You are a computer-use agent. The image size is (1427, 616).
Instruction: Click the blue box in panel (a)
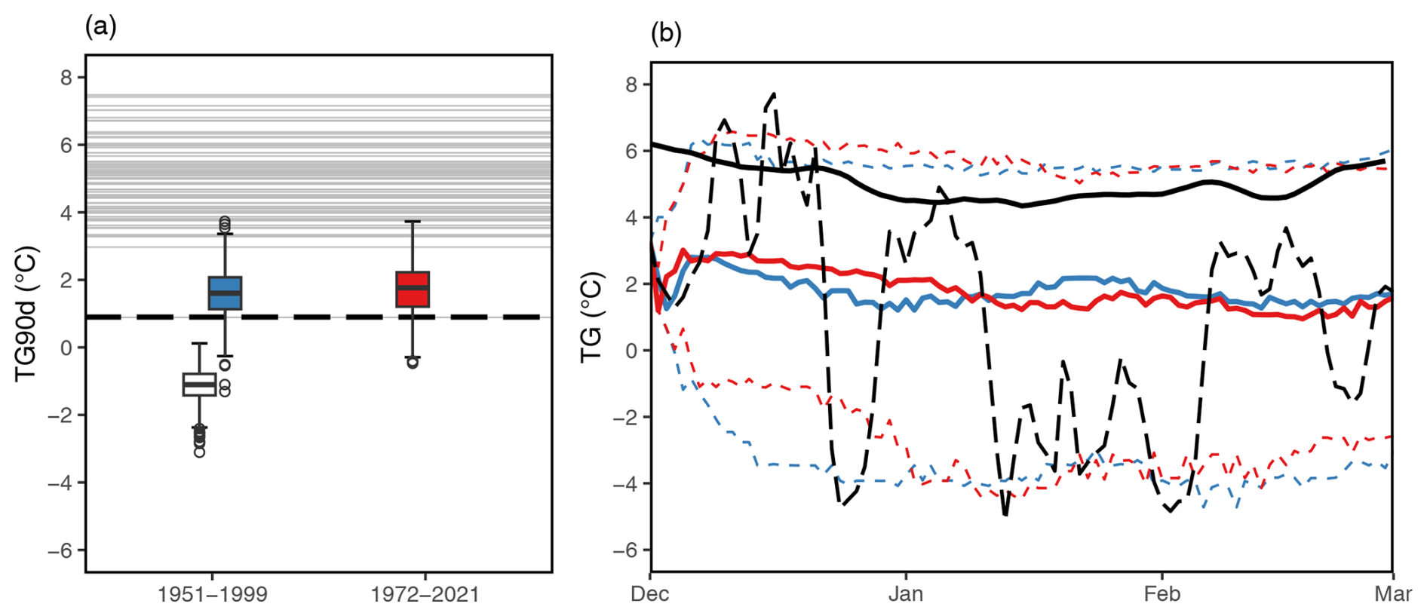pyautogui.click(x=225, y=293)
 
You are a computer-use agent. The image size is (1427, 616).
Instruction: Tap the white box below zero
pyautogui.click(x=199, y=385)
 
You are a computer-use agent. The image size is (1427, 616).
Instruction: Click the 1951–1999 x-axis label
pyautogui.click(x=212, y=595)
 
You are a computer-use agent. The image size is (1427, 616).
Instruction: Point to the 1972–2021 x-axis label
pyautogui.click(x=425, y=595)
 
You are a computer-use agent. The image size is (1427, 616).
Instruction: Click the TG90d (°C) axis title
pyautogui.click(x=26, y=313)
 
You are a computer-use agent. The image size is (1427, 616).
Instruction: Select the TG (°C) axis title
pyautogui.click(x=592, y=317)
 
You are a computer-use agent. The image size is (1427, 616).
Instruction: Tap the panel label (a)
pyautogui.click(x=100, y=27)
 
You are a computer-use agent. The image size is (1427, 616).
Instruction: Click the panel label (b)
pyautogui.click(x=666, y=33)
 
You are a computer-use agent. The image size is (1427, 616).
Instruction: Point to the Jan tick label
pyautogui.click(x=906, y=594)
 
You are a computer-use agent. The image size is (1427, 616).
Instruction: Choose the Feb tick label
pyautogui.click(x=1162, y=594)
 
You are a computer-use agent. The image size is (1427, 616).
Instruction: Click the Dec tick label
pyautogui.click(x=650, y=594)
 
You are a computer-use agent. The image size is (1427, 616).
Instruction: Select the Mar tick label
pyautogui.click(x=1392, y=594)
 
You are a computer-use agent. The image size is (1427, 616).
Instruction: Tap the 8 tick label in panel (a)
pyautogui.click(x=67, y=78)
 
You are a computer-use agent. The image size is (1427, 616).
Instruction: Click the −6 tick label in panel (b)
pyautogui.click(x=627, y=550)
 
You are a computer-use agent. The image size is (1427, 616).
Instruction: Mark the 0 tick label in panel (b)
pyautogui.click(x=632, y=351)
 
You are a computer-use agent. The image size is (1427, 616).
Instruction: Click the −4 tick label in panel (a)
pyautogui.click(x=61, y=483)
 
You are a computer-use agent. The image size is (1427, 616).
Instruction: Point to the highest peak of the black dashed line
pyautogui.click(x=774, y=94)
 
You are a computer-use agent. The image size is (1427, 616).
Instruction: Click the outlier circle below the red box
pyautogui.click(x=413, y=363)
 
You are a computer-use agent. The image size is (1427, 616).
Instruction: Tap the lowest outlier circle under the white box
pyautogui.click(x=199, y=452)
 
